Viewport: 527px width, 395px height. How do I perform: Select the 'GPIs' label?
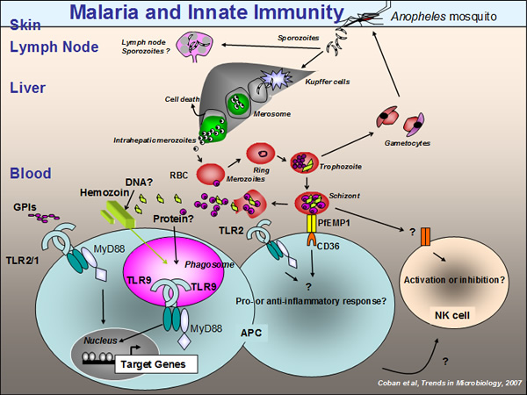(x=25, y=207)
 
